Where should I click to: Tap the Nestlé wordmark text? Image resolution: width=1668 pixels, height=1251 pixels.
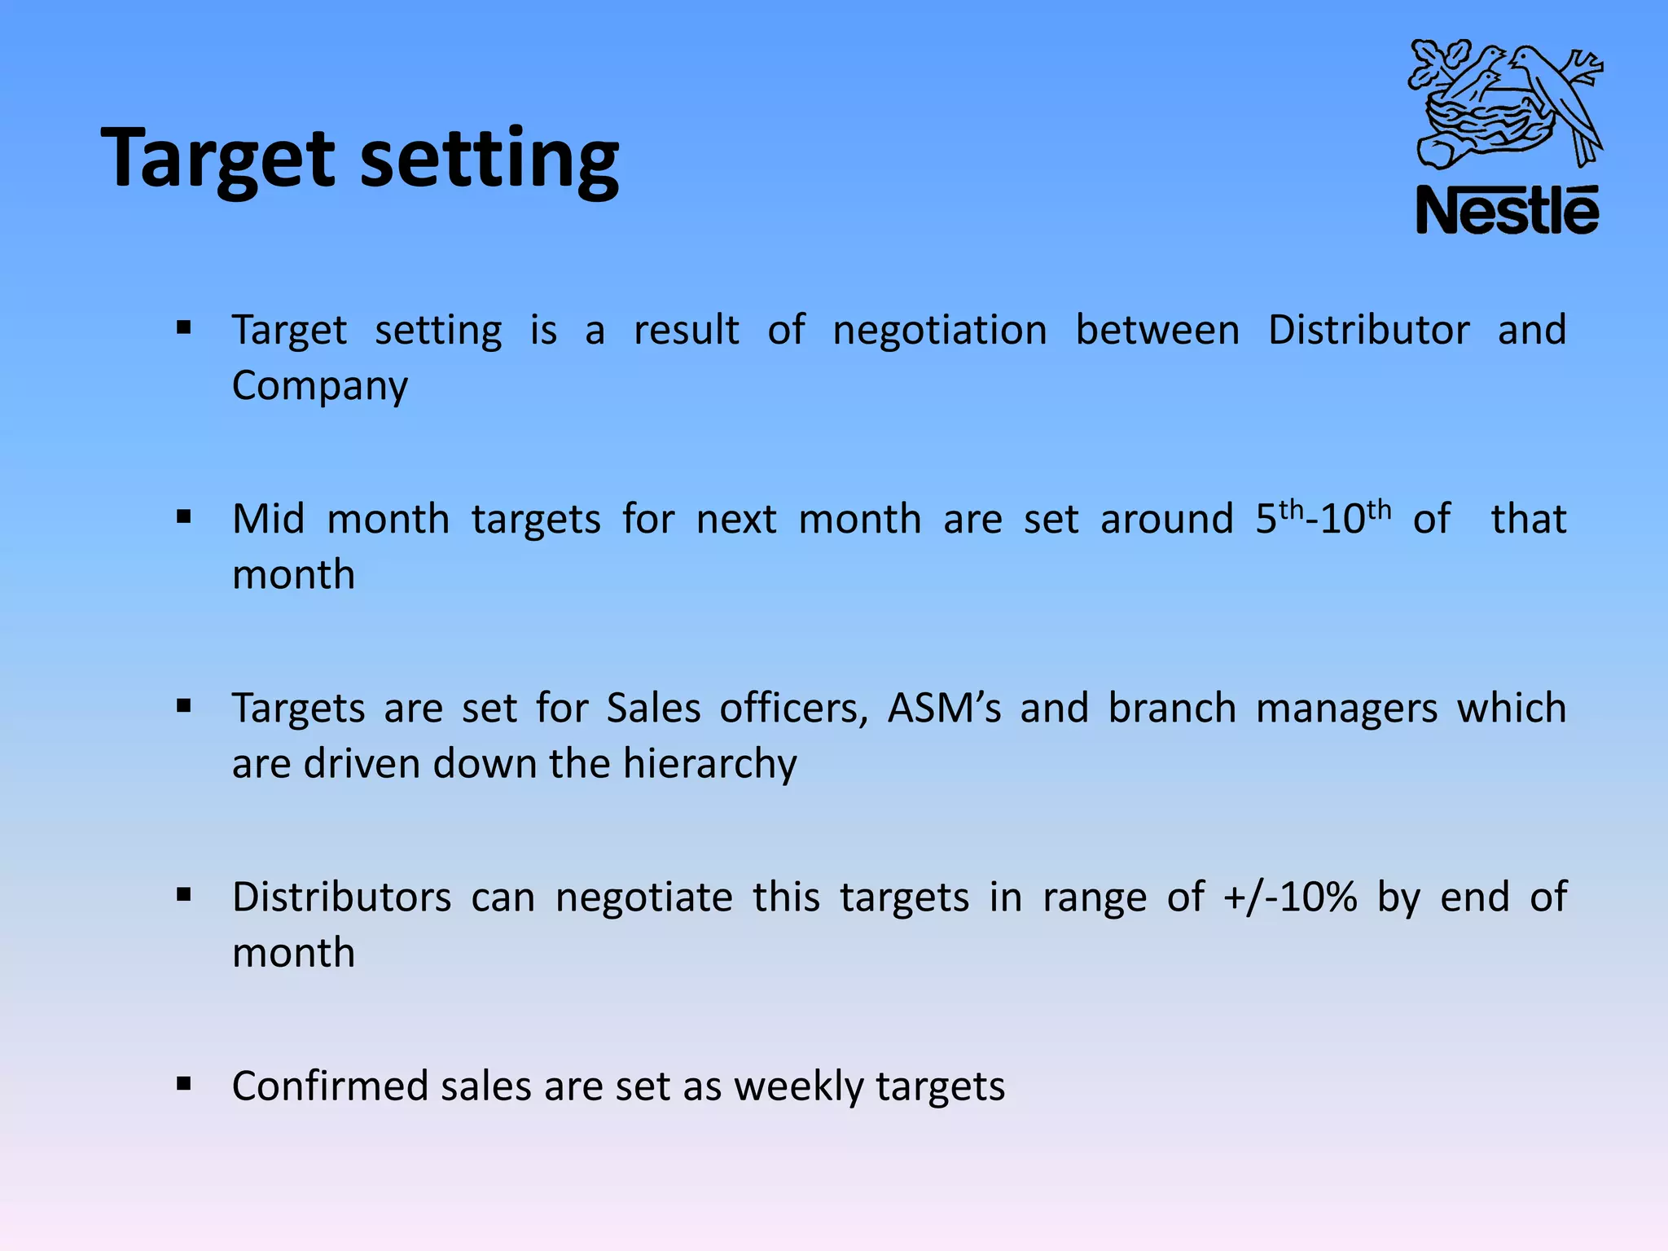(1507, 211)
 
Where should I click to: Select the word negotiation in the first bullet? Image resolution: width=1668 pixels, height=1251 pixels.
(939, 331)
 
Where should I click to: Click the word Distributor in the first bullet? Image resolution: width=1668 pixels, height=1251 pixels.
(1368, 331)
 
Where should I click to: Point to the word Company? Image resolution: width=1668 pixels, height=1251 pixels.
(319, 386)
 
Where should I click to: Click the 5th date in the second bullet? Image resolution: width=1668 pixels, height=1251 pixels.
(1280, 518)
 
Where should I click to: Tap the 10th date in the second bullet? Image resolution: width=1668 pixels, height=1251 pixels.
(1355, 518)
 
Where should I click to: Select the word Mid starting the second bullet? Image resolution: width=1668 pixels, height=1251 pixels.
(268, 520)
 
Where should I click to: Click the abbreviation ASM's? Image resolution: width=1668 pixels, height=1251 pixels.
(944, 708)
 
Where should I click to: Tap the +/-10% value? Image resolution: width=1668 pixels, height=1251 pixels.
(1290, 898)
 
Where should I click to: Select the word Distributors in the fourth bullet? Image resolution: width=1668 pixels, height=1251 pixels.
(341, 898)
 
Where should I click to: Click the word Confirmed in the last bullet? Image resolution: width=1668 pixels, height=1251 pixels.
(330, 1086)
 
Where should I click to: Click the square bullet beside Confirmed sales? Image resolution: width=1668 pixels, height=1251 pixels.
(183, 1084)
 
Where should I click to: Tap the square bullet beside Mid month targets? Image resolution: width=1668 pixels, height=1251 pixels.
(183, 516)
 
